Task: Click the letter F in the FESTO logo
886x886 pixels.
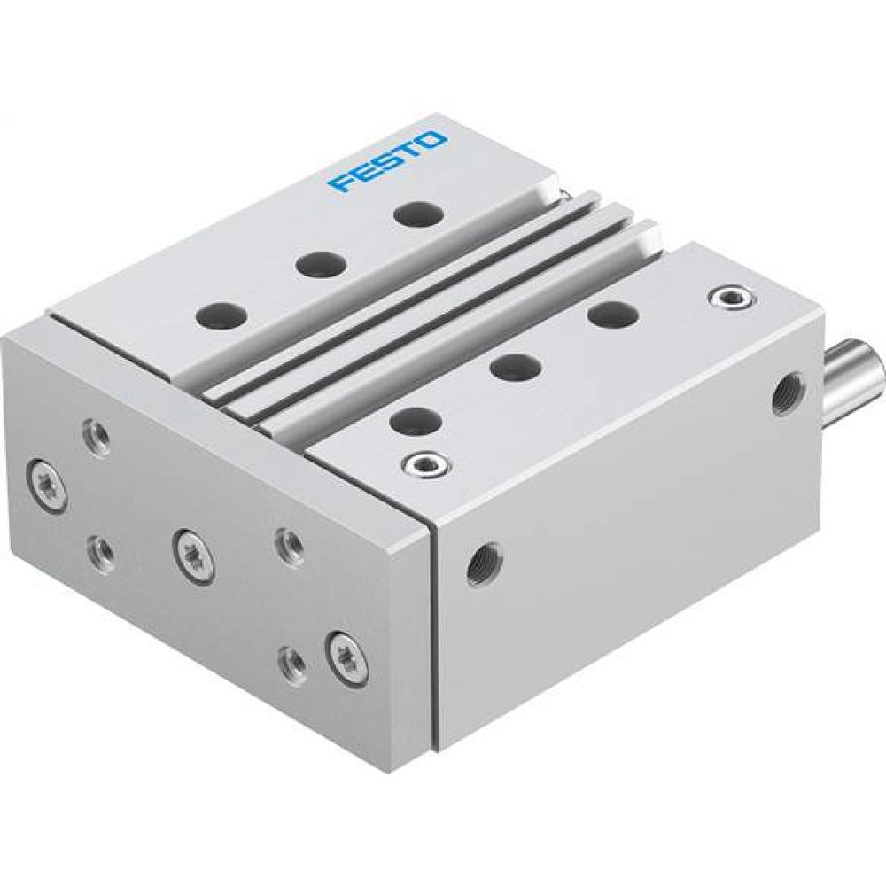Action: coord(340,183)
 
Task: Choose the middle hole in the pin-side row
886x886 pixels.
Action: coord(515,366)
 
